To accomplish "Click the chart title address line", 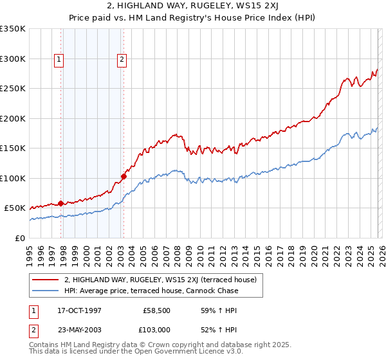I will (x=193, y=7).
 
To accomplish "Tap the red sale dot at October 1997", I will (x=61, y=203).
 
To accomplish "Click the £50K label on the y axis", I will (x=15, y=208).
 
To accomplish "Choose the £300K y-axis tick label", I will (x=13, y=59).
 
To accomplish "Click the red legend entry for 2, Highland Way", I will (x=160, y=280).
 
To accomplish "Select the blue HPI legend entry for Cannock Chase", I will (x=151, y=291).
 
